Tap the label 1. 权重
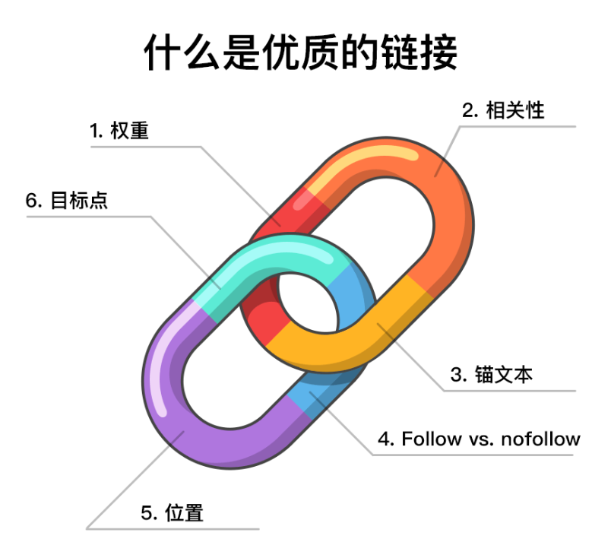[119, 131]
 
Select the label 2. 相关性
[505, 110]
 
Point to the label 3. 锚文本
[492, 374]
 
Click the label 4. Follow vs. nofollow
[480, 439]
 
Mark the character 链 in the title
[396, 52]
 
